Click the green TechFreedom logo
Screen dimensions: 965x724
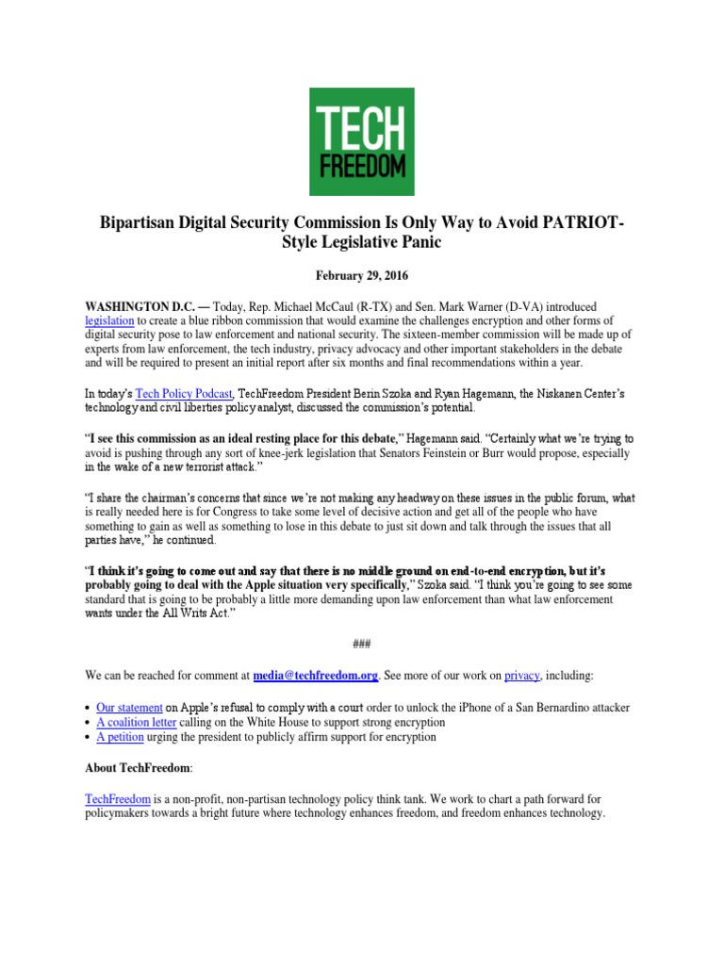point(361,142)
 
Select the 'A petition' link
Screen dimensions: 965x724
point(120,737)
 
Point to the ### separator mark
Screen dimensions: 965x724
point(361,644)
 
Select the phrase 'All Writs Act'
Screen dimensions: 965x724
point(185,613)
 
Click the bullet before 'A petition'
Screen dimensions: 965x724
point(88,737)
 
